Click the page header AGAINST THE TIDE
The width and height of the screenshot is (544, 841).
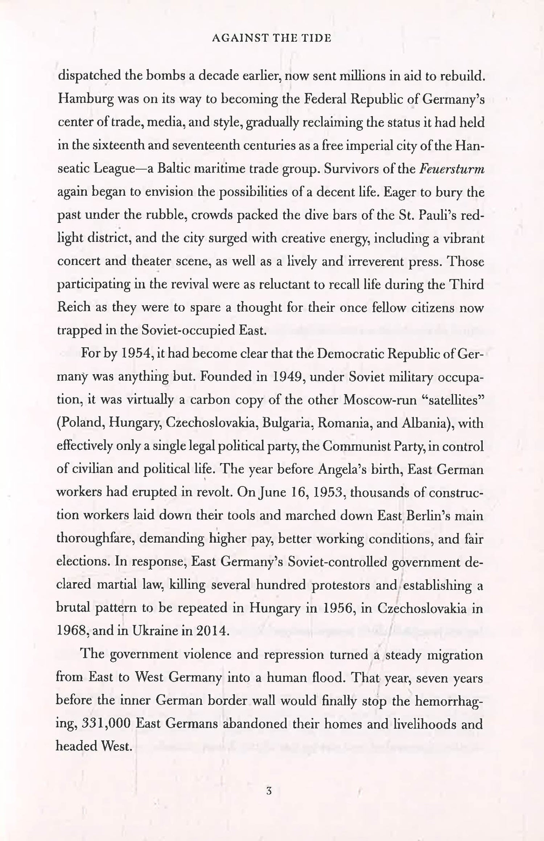pos(271,38)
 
